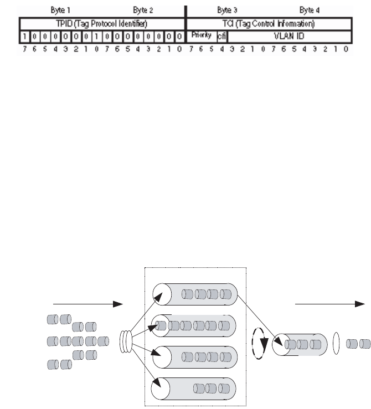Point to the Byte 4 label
coord(310,10)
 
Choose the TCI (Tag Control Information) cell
coord(268,24)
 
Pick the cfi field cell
coord(222,37)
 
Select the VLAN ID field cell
coord(289,37)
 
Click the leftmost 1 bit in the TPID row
coord(25,37)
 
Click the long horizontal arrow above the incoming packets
coord(87,304)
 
